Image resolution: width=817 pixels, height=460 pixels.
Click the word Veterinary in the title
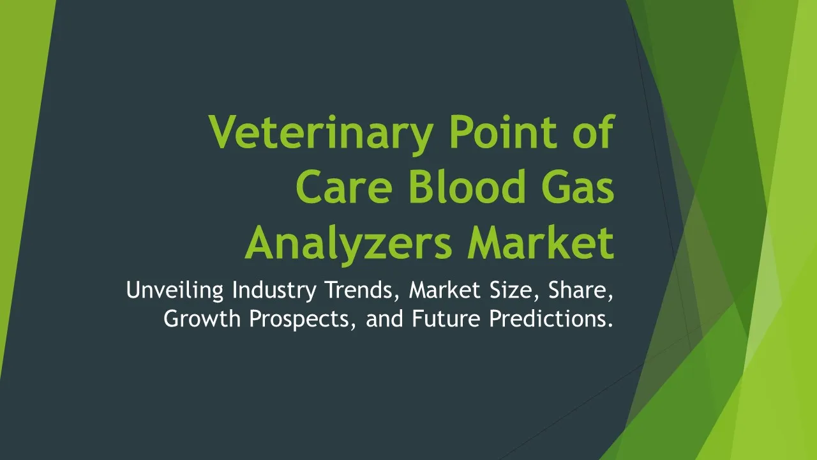click(321, 134)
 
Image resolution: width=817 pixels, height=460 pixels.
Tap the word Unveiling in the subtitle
click(175, 291)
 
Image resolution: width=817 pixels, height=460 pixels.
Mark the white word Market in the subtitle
click(445, 289)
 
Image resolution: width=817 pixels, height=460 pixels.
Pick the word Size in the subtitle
click(514, 290)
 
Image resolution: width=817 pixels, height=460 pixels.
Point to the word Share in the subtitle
click(581, 290)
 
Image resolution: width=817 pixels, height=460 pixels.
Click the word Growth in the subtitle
click(202, 318)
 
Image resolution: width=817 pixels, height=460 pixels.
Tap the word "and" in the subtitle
click(384, 318)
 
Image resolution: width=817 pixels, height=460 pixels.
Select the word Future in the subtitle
click(446, 318)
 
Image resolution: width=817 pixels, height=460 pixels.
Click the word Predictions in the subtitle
click(551, 318)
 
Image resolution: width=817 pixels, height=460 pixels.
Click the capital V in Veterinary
click(223, 132)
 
